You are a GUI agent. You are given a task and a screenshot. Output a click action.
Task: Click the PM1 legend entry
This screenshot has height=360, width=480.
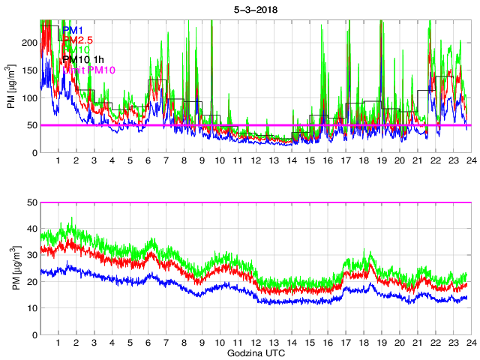click(x=73, y=30)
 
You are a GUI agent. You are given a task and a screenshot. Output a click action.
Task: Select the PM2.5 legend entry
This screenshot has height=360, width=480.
click(x=78, y=40)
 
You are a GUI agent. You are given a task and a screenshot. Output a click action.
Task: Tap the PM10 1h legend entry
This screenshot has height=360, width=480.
click(x=83, y=59)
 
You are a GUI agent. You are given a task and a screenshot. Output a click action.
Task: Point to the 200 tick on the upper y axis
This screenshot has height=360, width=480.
click(x=29, y=43)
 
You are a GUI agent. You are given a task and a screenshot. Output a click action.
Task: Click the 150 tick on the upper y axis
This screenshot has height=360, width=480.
click(x=29, y=70)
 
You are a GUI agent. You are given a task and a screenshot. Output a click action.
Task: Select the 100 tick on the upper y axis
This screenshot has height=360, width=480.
click(x=29, y=98)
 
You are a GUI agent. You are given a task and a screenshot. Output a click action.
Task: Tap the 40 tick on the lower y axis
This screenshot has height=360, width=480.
click(x=31, y=229)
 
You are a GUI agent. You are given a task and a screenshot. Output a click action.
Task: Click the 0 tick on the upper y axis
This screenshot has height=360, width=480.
click(x=34, y=153)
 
